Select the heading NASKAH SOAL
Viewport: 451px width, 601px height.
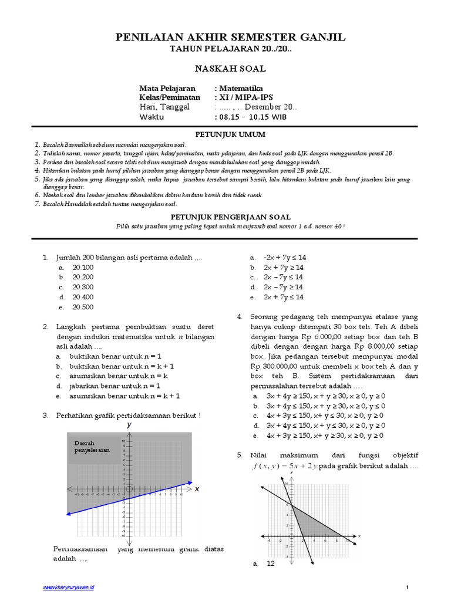(225, 69)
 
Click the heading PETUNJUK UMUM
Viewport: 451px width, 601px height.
(225, 134)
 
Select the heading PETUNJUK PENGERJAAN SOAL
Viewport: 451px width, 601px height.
(225, 216)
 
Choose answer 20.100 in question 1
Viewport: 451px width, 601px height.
(83, 267)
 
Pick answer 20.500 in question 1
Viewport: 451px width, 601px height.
(83, 307)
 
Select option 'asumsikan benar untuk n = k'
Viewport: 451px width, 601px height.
(119, 376)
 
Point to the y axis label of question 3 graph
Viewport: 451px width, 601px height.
(129, 424)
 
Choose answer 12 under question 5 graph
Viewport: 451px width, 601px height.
(271, 563)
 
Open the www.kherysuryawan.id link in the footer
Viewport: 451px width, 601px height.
(69, 587)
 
